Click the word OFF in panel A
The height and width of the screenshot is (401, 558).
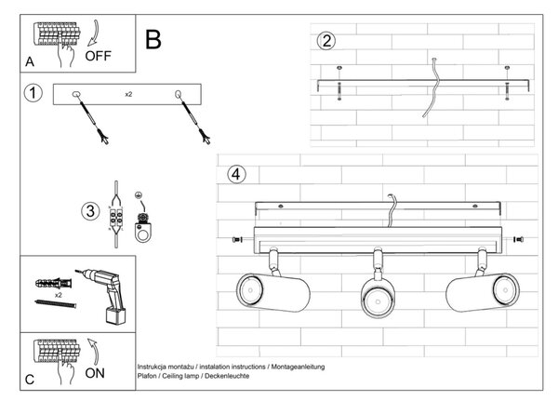tap(98, 56)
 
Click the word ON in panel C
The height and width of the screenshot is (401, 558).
tap(95, 373)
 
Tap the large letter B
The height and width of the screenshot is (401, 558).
tap(153, 39)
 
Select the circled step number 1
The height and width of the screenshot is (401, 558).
tap(33, 93)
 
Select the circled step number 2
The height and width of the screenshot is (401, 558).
tap(326, 41)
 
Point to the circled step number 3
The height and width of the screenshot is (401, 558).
tap(90, 211)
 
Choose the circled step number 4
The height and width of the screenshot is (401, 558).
tap(236, 175)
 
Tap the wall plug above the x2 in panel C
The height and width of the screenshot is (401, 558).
tap(53, 284)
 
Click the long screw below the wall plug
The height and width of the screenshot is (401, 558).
tap(56, 303)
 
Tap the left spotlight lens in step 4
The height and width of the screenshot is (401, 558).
tap(250, 290)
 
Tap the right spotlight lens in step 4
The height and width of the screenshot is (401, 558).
tap(505, 290)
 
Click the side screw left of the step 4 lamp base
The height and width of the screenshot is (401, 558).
tap(237, 240)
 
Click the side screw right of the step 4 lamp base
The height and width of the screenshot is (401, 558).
tap(518, 239)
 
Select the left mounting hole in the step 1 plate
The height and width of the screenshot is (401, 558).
tap(76, 94)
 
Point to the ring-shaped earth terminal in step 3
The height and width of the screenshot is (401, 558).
tap(143, 234)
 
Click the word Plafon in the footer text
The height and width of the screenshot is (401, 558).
tap(148, 376)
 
